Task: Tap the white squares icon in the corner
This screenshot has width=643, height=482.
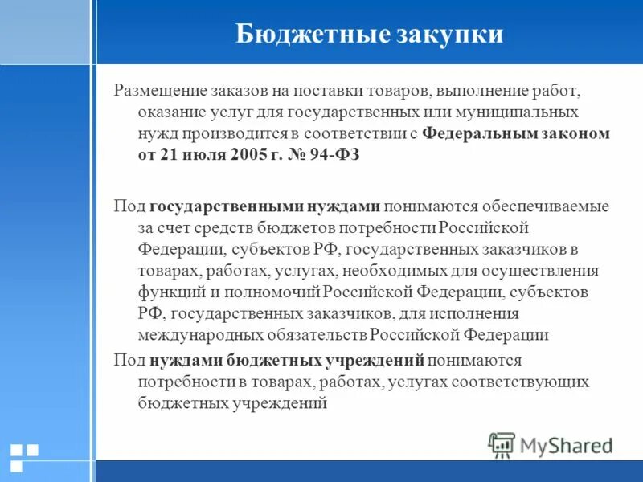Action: point(24,456)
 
